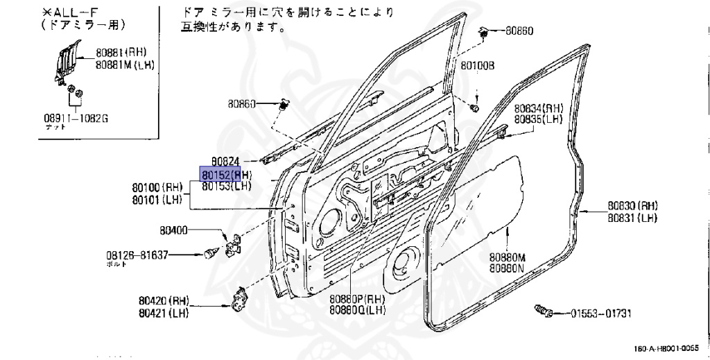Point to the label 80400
click(x=174, y=230)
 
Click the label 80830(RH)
click(x=632, y=206)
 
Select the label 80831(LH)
click(x=632, y=217)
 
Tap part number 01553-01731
click(x=601, y=314)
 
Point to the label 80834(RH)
click(x=538, y=108)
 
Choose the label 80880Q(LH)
click(x=357, y=310)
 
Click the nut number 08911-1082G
click(x=76, y=119)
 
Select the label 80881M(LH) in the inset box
click(x=125, y=65)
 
